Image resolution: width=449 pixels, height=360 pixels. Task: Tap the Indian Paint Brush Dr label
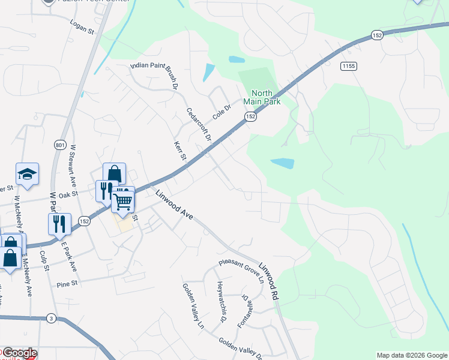154,74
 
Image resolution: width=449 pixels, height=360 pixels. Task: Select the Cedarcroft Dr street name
199,125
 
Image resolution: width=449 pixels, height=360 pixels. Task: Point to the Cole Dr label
222,111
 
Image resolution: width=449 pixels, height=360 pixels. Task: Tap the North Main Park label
262,97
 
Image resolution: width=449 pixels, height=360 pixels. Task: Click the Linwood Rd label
270,280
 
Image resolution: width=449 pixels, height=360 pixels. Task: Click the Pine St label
68,284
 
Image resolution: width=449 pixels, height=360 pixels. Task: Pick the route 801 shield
59,145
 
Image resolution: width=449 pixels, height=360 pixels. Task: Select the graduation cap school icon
27,174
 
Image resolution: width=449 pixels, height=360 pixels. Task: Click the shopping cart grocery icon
122,201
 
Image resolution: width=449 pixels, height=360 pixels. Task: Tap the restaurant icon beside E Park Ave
59,224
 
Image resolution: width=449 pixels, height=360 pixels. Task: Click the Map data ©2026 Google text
411,355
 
